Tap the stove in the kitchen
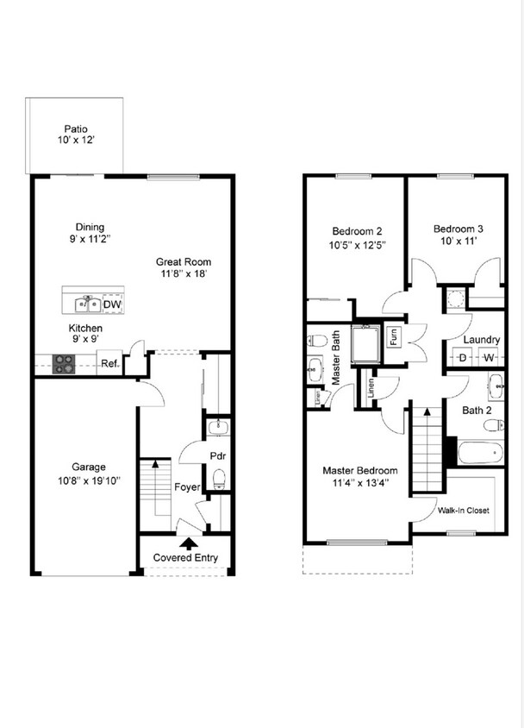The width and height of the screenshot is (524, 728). [x=65, y=364]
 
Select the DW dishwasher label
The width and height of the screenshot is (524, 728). [x=112, y=304]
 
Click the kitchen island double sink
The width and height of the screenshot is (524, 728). [x=86, y=304]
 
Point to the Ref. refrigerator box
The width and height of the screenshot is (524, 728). [x=109, y=364]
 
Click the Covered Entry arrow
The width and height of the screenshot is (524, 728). [x=186, y=543]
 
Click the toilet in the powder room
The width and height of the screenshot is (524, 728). [x=219, y=477]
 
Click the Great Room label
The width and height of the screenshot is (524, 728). [x=183, y=262]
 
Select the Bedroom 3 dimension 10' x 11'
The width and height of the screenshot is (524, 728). [x=458, y=242]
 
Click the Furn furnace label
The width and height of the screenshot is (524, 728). [x=394, y=336]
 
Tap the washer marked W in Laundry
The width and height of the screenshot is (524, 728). [x=489, y=357]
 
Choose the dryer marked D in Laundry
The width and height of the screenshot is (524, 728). [x=462, y=357]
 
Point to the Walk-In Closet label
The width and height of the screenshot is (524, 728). [x=463, y=511]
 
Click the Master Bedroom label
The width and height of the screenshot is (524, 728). [x=360, y=470]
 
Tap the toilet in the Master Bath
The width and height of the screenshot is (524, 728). [x=315, y=340]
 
